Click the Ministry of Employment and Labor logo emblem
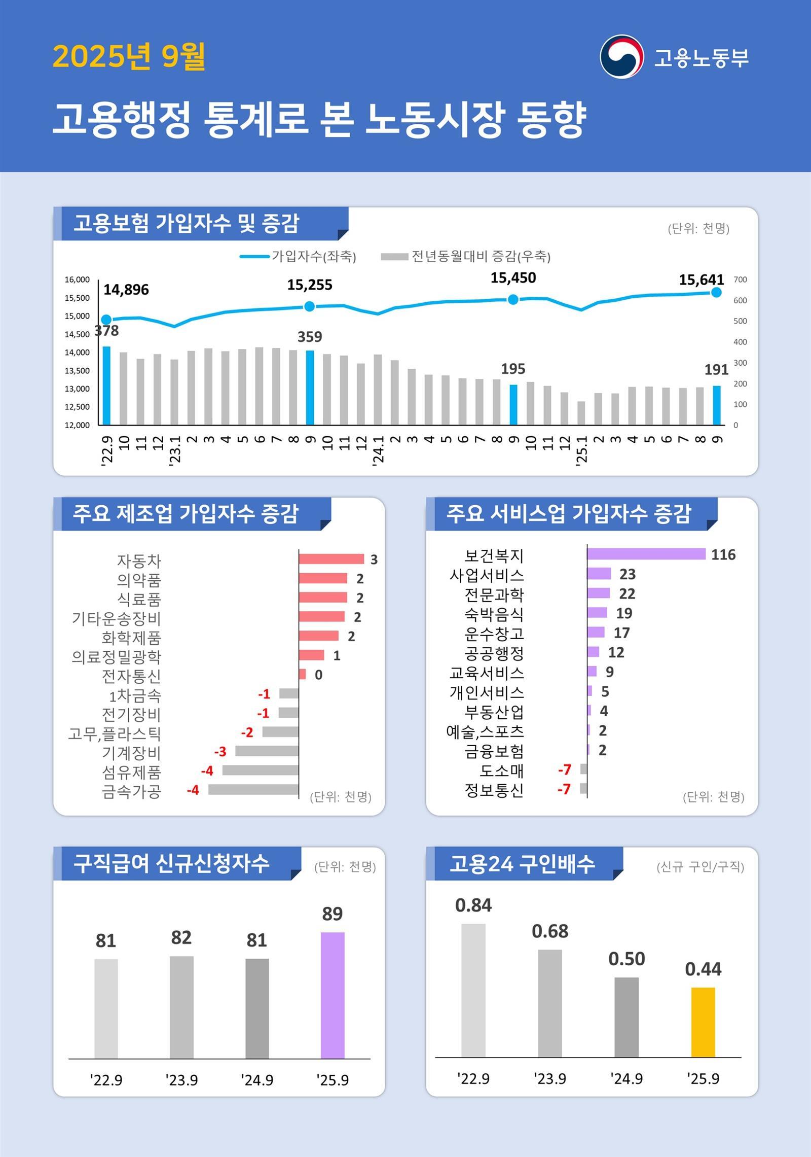[x=621, y=56]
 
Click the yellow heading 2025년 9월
[x=129, y=56]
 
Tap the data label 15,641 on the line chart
[x=701, y=279]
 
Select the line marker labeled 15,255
[x=310, y=306]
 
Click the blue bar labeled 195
[x=513, y=404]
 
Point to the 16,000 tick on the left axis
[x=77, y=279]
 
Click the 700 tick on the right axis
[x=740, y=279]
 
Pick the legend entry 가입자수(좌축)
[x=299, y=256]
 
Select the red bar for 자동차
[x=331, y=559]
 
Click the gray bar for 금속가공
[x=253, y=789]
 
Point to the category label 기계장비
[x=131, y=753]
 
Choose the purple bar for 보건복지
[x=646, y=554]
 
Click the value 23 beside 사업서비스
[x=627, y=574]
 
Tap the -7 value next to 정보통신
[x=564, y=789]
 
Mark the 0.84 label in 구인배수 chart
[x=473, y=905]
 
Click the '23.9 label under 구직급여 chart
[x=181, y=1080]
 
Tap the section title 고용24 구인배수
[x=522, y=864]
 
